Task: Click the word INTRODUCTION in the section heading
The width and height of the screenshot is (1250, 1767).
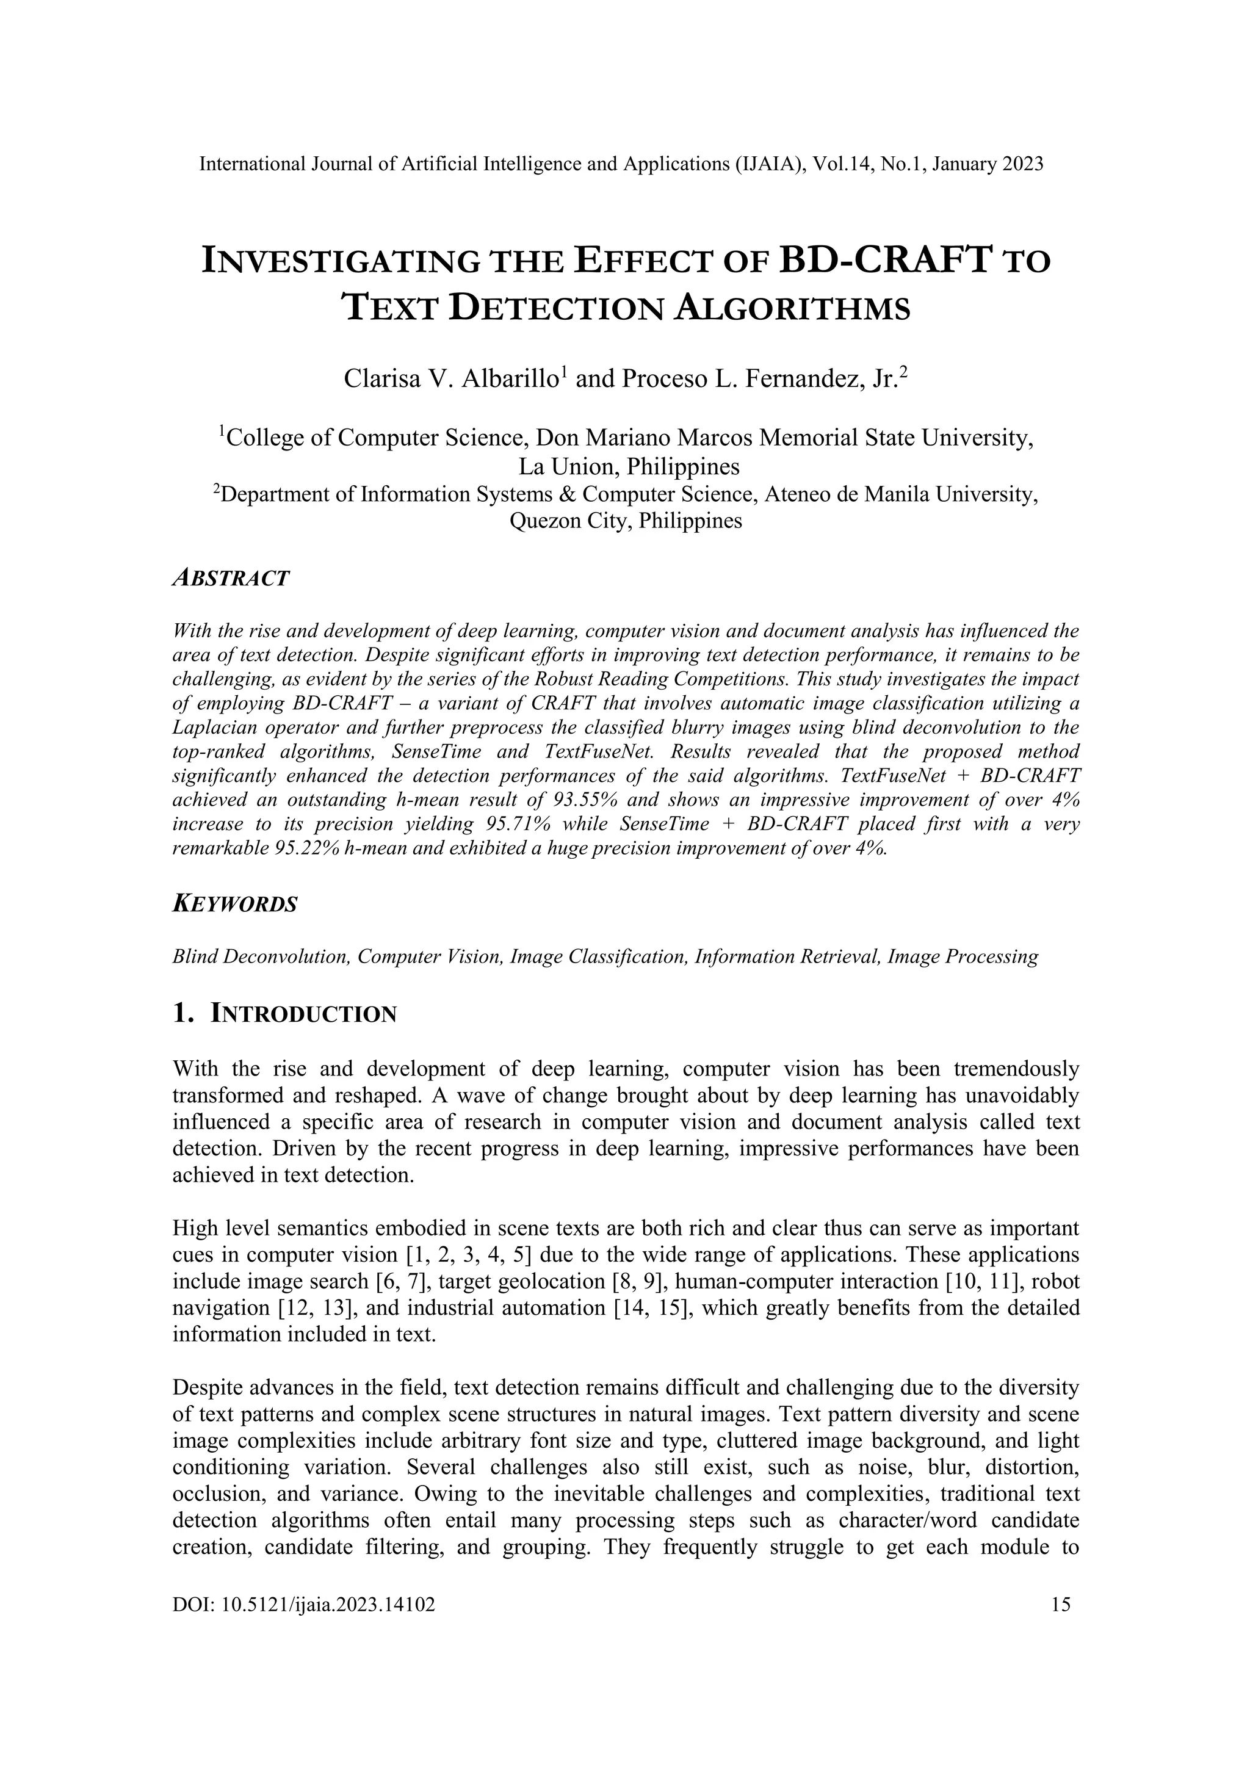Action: [303, 1014]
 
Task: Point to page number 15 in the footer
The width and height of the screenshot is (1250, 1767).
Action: [1060, 1620]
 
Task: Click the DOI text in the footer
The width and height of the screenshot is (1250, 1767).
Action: [304, 1620]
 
